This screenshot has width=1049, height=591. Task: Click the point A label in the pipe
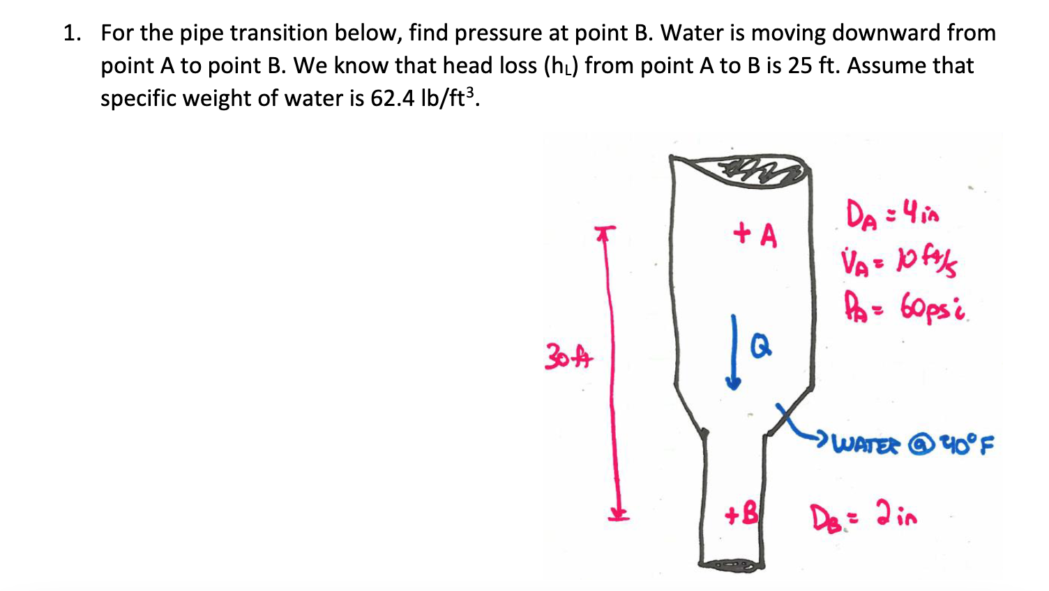pyautogui.click(x=755, y=235)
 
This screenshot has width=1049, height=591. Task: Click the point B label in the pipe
pyautogui.click(x=741, y=515)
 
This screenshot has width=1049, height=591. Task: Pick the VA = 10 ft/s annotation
pyautogui.click(x=899, y=263)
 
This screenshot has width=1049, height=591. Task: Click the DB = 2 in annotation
pyautogui.click(x=863, y=517)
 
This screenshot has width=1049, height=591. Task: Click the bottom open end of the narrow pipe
pyautogui.click(x=732, y=563)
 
